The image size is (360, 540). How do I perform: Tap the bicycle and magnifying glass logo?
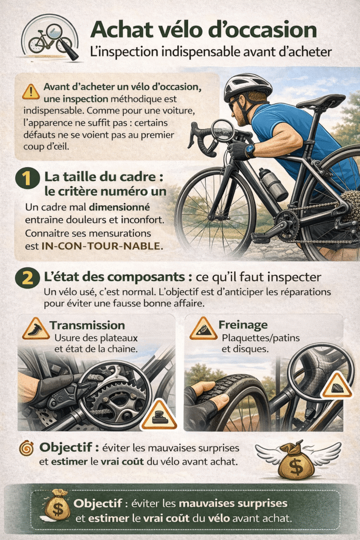50,37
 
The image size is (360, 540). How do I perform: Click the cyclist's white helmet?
247,85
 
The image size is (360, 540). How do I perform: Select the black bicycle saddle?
320,101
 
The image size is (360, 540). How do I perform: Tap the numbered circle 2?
26,277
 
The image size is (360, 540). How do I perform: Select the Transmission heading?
87,325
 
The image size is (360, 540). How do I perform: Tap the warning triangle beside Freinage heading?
203,329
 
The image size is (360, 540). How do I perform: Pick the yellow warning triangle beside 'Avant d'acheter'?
31,92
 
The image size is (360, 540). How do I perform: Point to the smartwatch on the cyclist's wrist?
249,150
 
